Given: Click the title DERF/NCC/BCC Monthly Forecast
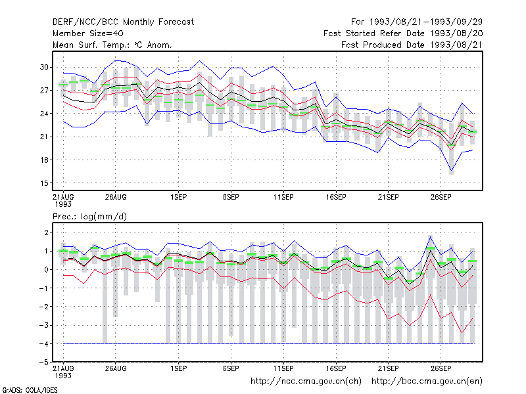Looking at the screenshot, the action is [x=123, y=22].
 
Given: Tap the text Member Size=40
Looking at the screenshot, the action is [x=88, y=33].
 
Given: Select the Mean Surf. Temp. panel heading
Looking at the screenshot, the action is [x=112, y=45].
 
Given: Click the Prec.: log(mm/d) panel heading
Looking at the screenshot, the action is [x=89, y=217].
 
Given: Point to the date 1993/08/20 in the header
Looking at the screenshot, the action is [x=456, y=33].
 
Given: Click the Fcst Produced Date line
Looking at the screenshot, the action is [x=412, y=45].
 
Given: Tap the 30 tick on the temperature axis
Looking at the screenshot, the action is [x=44, y=67].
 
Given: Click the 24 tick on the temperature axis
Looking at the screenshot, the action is [x=44, y=114].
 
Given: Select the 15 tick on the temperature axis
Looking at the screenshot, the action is [x=44, y=183].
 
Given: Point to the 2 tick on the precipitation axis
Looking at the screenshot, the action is [x=46, y=232].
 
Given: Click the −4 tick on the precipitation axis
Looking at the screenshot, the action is [x=43, y=343].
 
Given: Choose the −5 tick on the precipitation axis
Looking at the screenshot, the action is [x=43, y=362].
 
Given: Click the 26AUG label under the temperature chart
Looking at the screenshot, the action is [x=116, y=197].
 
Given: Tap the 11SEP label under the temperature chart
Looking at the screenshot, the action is [x=283, y=197].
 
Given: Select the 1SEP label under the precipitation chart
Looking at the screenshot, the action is [x=178, y=368].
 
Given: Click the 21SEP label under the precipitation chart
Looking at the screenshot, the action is [x=389, y=368].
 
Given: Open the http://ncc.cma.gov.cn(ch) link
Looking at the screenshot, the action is [x=306, y=382].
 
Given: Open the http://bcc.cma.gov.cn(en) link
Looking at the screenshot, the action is [x=427, y=382].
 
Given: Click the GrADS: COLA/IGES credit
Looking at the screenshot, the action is [x=30, y=390].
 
